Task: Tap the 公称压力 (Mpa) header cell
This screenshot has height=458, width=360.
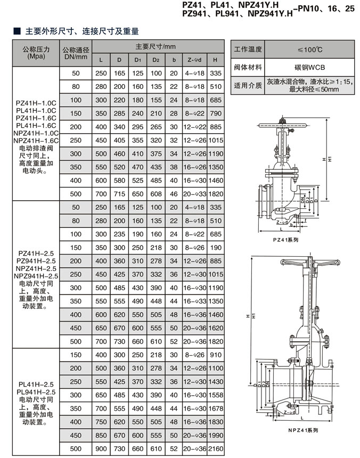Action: click(x=37, y=52)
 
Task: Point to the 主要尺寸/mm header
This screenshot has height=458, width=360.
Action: click(x=158, y=47)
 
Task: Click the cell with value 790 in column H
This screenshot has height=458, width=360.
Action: click(x=216, y=113)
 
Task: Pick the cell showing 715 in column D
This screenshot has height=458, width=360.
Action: click(x=119, y=194)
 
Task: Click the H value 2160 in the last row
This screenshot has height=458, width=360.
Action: click(x=216, y=449)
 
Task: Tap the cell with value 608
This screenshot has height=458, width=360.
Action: click(x=156, y=194)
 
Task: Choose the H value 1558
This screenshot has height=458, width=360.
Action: click(x=216, y=395)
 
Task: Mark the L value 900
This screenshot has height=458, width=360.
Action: click(x=101, y=449)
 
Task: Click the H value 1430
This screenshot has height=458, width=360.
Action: click(x=216, y=382)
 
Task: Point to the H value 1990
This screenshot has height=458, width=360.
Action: click(x=216, y=436)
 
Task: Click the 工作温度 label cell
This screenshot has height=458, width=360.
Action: click(x=248, y=50)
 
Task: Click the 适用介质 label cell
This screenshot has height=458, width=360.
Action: click(x=248, y=85)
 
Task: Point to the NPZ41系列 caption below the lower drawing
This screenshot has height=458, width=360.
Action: click(x=302, y=430)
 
